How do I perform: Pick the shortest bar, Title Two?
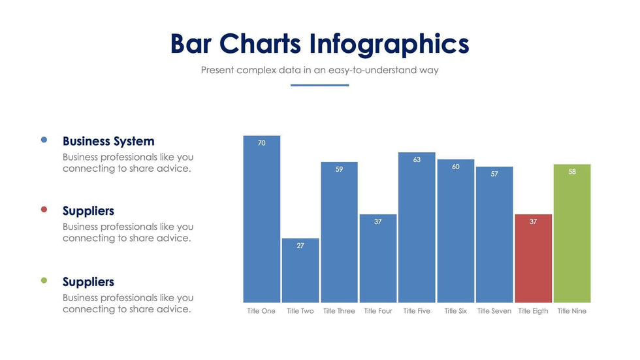[300, 270]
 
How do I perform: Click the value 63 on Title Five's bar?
[417, 159]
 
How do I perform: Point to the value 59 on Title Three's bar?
[339, 169]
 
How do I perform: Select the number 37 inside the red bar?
[534, 221]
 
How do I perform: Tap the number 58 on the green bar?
[572, 172]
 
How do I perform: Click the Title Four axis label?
[378, 311]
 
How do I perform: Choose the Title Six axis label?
[456, 311]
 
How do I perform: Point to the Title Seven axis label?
[494, 311]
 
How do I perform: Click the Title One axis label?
[261, 311]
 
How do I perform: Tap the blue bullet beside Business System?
[44, 140]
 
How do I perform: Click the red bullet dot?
[44, 210]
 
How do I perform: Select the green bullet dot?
[44, 280]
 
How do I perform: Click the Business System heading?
[108, 141]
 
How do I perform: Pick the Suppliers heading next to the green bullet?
[88, 282]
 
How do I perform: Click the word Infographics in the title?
[389, 44]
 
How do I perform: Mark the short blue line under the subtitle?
[319, 85]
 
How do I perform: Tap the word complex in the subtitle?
[257, 70]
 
